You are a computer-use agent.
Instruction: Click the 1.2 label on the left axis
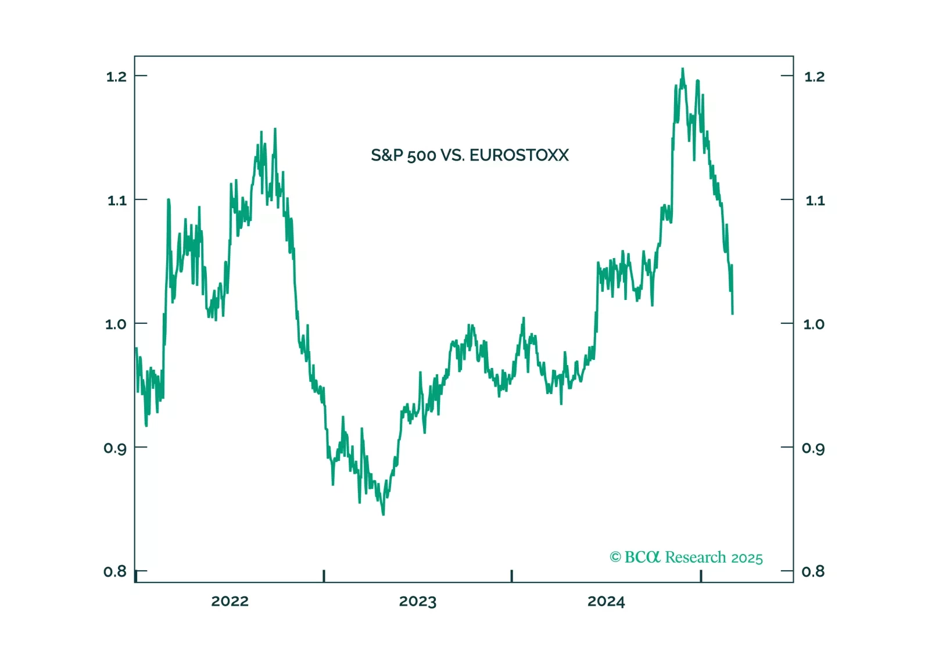116,77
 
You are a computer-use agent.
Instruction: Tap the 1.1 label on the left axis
116,201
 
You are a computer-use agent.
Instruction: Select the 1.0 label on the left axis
116,324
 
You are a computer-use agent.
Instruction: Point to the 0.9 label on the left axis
116,448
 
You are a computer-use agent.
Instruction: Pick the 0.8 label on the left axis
115,571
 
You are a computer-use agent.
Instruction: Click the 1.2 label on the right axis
814,77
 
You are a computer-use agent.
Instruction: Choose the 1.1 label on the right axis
815,201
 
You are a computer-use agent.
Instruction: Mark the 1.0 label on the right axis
814,324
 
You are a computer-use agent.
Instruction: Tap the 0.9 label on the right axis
813,448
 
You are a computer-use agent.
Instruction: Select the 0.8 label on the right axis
813,571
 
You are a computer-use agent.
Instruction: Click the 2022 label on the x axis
230,602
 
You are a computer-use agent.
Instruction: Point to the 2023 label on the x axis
417,602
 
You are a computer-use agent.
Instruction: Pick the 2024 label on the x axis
605,602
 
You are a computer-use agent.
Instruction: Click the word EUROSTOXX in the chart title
519,155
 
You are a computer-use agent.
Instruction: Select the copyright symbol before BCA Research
615,557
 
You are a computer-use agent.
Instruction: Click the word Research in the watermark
695,557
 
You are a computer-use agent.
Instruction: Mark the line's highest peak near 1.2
683,69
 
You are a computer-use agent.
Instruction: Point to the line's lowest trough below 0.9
384,514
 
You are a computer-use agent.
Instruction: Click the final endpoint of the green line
732,313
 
